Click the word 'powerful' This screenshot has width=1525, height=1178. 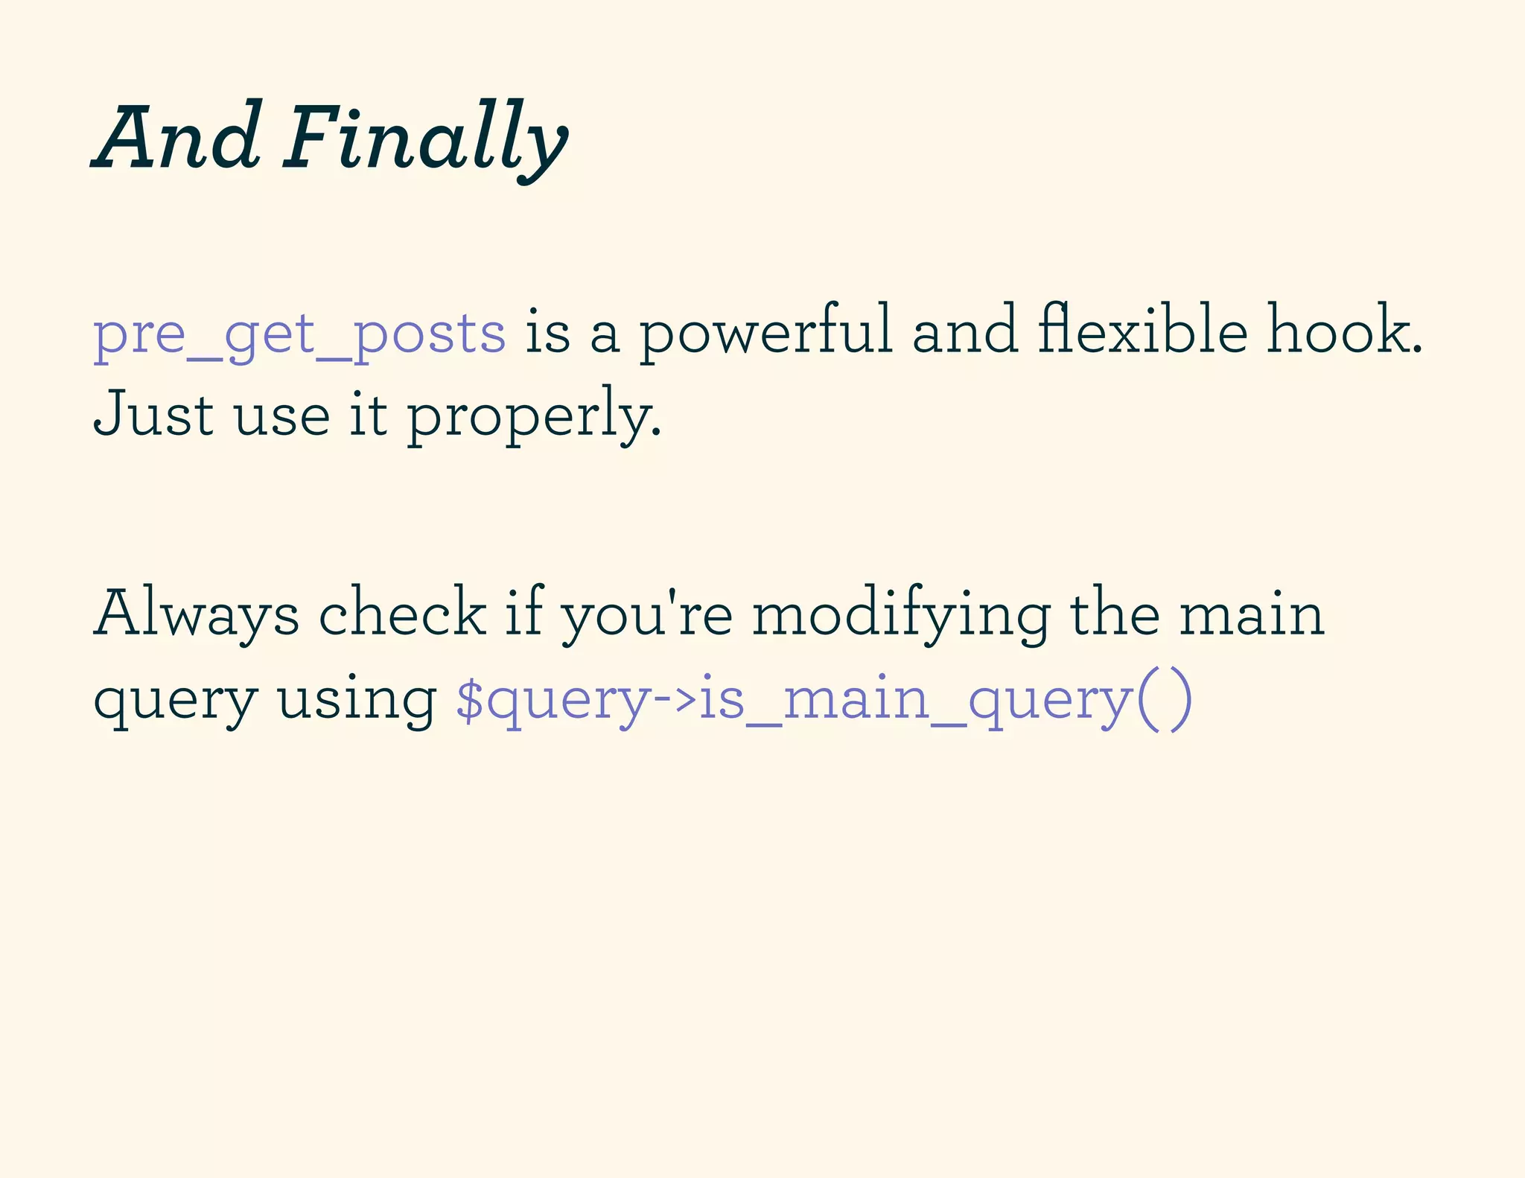765,331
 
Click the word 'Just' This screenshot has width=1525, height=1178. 154,413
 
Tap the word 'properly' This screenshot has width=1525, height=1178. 533,416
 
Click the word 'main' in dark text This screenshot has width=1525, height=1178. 1252,614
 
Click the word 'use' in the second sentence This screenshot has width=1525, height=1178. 281,415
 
